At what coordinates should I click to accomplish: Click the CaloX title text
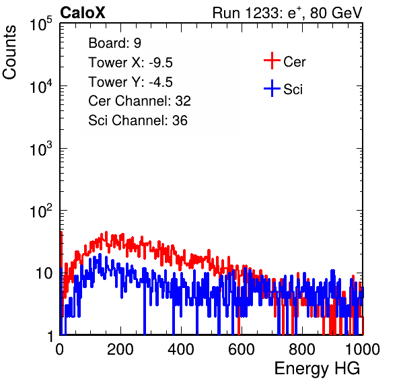[83, 13]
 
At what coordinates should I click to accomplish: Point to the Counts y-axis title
[9, 53]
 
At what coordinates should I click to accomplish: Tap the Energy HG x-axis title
[317, 369]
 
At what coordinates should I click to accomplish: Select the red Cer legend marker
[272, 61]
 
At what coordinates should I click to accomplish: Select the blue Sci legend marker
[272, 88]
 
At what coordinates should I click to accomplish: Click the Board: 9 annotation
[115, 43]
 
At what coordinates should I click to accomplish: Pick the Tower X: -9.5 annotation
[131, 63]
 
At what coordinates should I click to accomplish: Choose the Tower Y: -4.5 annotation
[131, 82]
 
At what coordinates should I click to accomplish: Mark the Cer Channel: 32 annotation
[140, 101]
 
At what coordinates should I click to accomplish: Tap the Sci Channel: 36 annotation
[138, 120]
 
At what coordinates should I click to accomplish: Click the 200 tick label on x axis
[120, 349]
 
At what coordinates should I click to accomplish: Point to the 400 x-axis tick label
[181, 349]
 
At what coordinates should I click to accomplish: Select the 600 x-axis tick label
[242, 349]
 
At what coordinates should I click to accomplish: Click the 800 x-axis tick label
[302, 349]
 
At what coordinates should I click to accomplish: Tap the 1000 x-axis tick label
[363, 349]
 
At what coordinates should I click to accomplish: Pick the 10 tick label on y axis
[44, 273]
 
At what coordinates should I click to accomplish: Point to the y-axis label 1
[50, 336]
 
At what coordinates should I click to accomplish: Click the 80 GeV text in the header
[336, 13]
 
